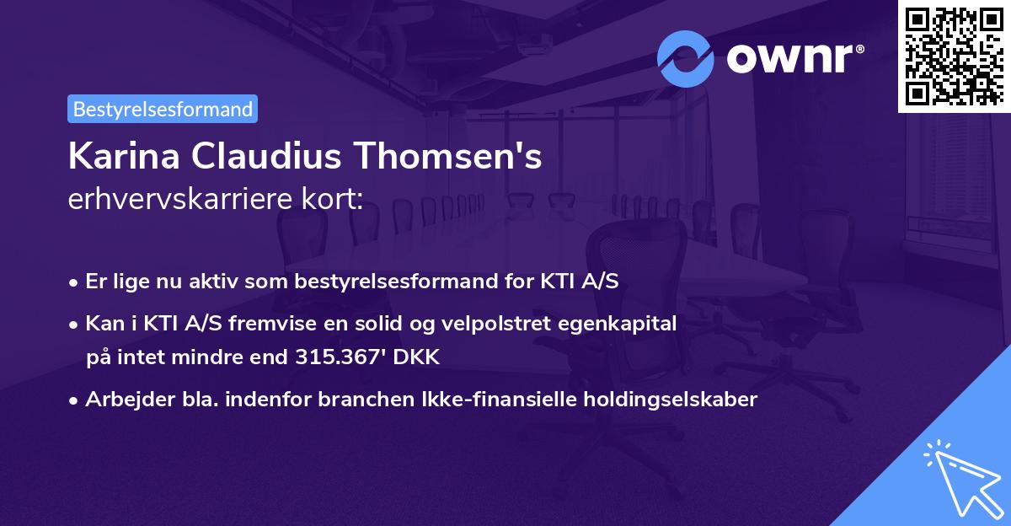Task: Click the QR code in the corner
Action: (955, 56)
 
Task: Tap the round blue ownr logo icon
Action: (686, 59)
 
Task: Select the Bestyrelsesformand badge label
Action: (163, 109)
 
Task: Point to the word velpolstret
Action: (495, 323)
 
